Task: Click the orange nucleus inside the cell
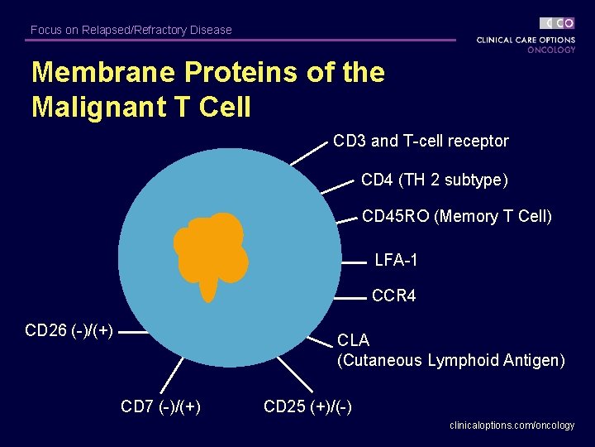(x=211, y=248)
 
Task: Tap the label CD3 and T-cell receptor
(x=421, y=142)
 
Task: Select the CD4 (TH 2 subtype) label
(x=434, y=180)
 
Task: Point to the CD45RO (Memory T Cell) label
(x=456, y=217)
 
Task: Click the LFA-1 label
(x=396, y=261)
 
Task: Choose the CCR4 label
(x=393, y=296)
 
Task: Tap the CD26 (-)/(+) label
(x=69, y=331)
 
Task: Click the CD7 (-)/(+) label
(x=161, y=406)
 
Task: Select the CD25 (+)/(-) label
(x=307, y=406)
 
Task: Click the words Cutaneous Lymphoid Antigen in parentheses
(x=451, y=361)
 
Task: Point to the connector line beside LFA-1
(x=354, y=262)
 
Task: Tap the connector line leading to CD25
(x=294, y=373)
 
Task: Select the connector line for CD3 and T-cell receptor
(x=309, y=154)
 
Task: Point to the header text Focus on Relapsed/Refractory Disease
(x=131, y=30)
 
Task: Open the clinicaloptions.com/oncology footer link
(x=512, y=425)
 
